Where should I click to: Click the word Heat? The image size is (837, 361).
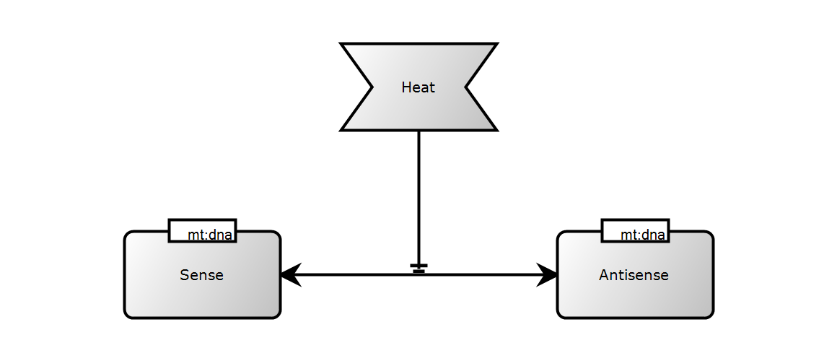coord(418,87)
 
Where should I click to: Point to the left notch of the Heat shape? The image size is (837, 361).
coord(372,87)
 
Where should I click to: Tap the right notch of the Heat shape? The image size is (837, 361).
coord(465,87)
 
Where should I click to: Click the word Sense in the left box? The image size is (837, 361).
coord(202,275)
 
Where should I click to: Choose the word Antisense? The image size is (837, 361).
coord(634,275)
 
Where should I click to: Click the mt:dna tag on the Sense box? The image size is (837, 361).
coord(203,231)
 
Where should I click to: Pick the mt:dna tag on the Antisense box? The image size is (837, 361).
coord(636,231)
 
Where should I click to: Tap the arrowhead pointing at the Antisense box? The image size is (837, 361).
coord(548,274)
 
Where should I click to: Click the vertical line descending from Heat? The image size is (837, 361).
coord(418,195)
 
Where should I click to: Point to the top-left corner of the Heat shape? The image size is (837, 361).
coord(342,45)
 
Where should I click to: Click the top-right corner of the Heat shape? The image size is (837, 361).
coord(495,45)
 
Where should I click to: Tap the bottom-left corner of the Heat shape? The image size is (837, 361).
coord(342,129)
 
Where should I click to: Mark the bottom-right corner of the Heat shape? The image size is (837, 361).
coord(495,129)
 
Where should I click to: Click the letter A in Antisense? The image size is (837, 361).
coord(603,275)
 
